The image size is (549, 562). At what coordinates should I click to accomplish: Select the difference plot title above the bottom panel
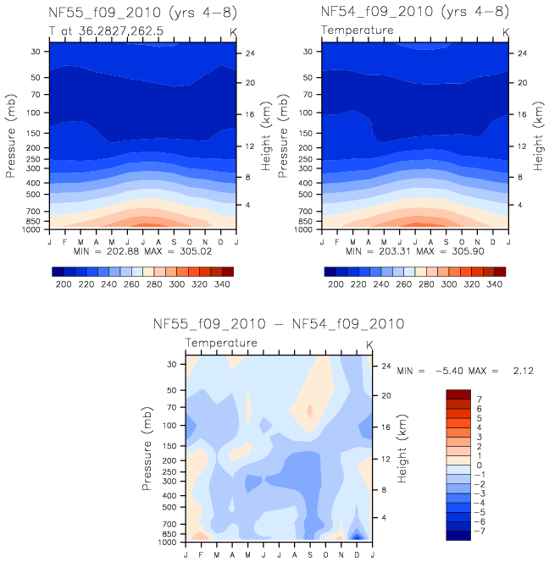click(278, 324)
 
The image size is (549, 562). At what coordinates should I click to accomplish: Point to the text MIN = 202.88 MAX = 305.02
click(142, 251)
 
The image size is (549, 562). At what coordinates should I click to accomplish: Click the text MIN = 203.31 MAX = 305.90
click(415, 251)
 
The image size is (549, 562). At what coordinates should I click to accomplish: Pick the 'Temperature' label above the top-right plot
click(358, 30)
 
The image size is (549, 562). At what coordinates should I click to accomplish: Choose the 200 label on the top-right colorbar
click(335, 286)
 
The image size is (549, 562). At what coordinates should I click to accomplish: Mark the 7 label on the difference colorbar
click(480, 398)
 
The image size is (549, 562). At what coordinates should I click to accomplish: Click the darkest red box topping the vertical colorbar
click(457, 394)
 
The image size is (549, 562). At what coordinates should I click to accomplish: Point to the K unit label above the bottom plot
click(369, 344)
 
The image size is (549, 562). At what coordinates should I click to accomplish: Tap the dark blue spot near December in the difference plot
click(358, 536)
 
